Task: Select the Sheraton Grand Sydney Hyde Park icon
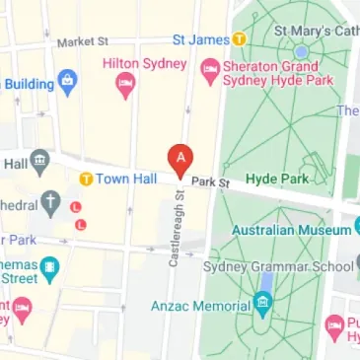coord(209,68)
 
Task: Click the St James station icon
coord(238,39)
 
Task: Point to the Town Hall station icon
coord(86,179)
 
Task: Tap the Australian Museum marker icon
coord(356,229)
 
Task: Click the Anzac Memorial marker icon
coord(261,305)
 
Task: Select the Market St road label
coord(83,42)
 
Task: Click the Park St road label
coord(210,182)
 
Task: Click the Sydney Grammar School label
coord(277,266)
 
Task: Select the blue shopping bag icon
coord(67,81)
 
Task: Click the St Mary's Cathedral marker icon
coord(301,49)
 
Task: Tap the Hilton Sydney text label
coord(145,64)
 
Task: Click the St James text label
coord(200,40)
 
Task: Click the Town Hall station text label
coord(124,179)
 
